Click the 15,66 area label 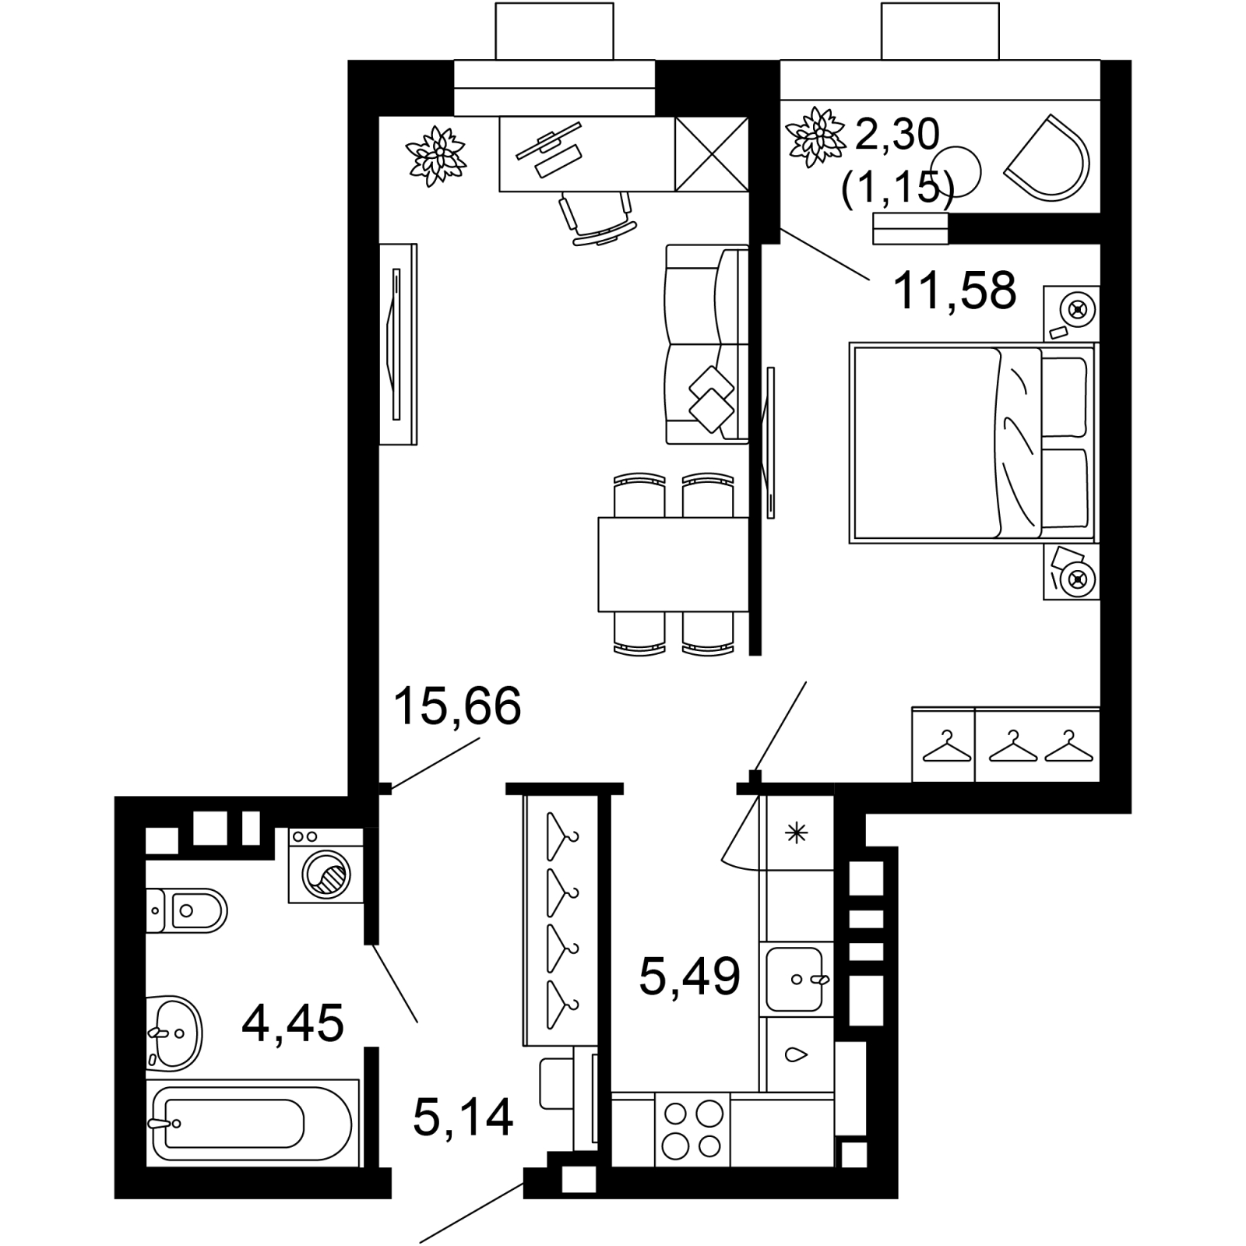coord(457,707)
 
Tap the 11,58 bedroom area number coord(955,290)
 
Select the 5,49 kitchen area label coord(689,977)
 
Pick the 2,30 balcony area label coord(898,135)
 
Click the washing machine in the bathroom coord(326,865)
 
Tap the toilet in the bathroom coord(186,910)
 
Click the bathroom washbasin coord(174,1033)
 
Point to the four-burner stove coord(692,1129)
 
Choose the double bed coord(973,442)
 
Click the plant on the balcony coord(818,136)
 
